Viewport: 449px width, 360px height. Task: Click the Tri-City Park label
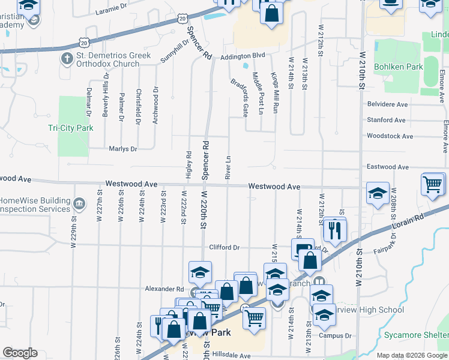tap(70, 128)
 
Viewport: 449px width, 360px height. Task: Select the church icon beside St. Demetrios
tap(67, 59)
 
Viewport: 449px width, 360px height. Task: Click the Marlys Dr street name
tap(123, 149)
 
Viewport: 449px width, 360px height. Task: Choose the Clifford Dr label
tap(224, 247)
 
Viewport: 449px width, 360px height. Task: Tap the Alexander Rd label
tap(164, 289)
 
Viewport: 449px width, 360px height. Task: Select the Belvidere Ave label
tap(390, 104)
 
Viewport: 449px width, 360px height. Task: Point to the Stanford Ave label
tap(388, 120)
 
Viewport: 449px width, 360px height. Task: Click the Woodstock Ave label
tap(390, 136)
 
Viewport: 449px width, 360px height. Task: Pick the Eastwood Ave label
tap(388, 167)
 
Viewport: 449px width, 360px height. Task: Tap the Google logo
tap(20, 353)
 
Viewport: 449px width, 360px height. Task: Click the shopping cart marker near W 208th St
tap(433, 184)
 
